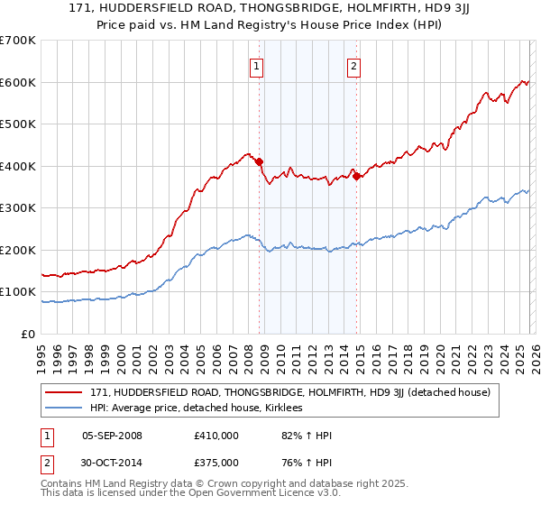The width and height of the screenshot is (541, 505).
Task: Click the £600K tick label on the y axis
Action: (17, 82)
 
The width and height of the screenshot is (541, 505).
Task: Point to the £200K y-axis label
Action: (17, 250)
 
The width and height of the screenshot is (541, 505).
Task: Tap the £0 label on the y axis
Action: (28, 334)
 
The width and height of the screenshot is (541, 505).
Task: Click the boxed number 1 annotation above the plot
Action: (258, 66)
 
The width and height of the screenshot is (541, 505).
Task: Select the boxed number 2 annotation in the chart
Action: (354, 66)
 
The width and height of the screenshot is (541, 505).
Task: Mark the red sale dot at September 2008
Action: (259, 162)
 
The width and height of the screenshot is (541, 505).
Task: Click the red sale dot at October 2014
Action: (356, 177)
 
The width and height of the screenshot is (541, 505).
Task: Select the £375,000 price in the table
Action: (215, 464)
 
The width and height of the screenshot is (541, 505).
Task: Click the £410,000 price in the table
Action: (215, 436)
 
